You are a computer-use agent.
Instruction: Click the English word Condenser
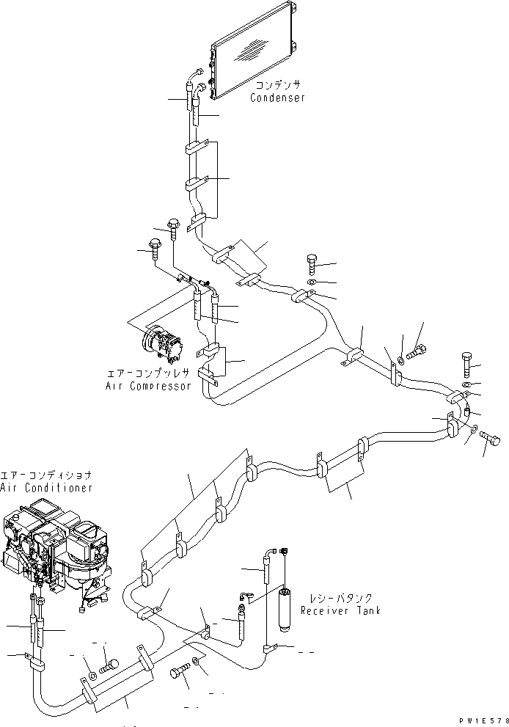(x=277, y=98)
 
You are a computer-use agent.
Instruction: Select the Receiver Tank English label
(x=342, y=610)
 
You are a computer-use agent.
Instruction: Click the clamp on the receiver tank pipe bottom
(x=268, y=648)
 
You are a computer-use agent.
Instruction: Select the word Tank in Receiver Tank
(x=367, y=610)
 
